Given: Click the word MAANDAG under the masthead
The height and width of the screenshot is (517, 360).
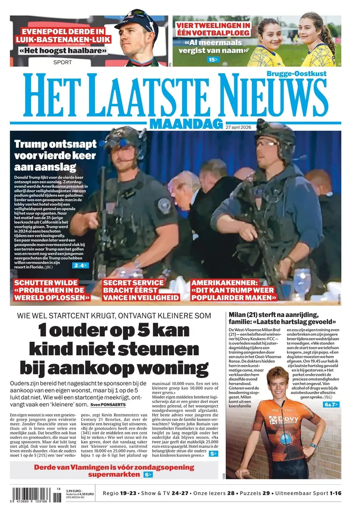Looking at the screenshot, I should (186, 124).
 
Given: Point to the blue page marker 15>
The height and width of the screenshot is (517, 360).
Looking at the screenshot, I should (213, 59).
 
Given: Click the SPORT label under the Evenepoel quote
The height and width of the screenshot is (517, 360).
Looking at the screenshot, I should (62, 62).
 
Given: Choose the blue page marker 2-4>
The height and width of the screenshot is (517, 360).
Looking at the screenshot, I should (81, 266).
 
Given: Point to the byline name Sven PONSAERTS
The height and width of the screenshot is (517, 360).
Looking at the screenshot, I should (108, 404).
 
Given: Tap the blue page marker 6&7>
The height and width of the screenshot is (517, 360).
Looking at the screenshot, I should (331, 404).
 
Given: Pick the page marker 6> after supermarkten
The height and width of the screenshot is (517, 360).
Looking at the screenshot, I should (148, 474).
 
